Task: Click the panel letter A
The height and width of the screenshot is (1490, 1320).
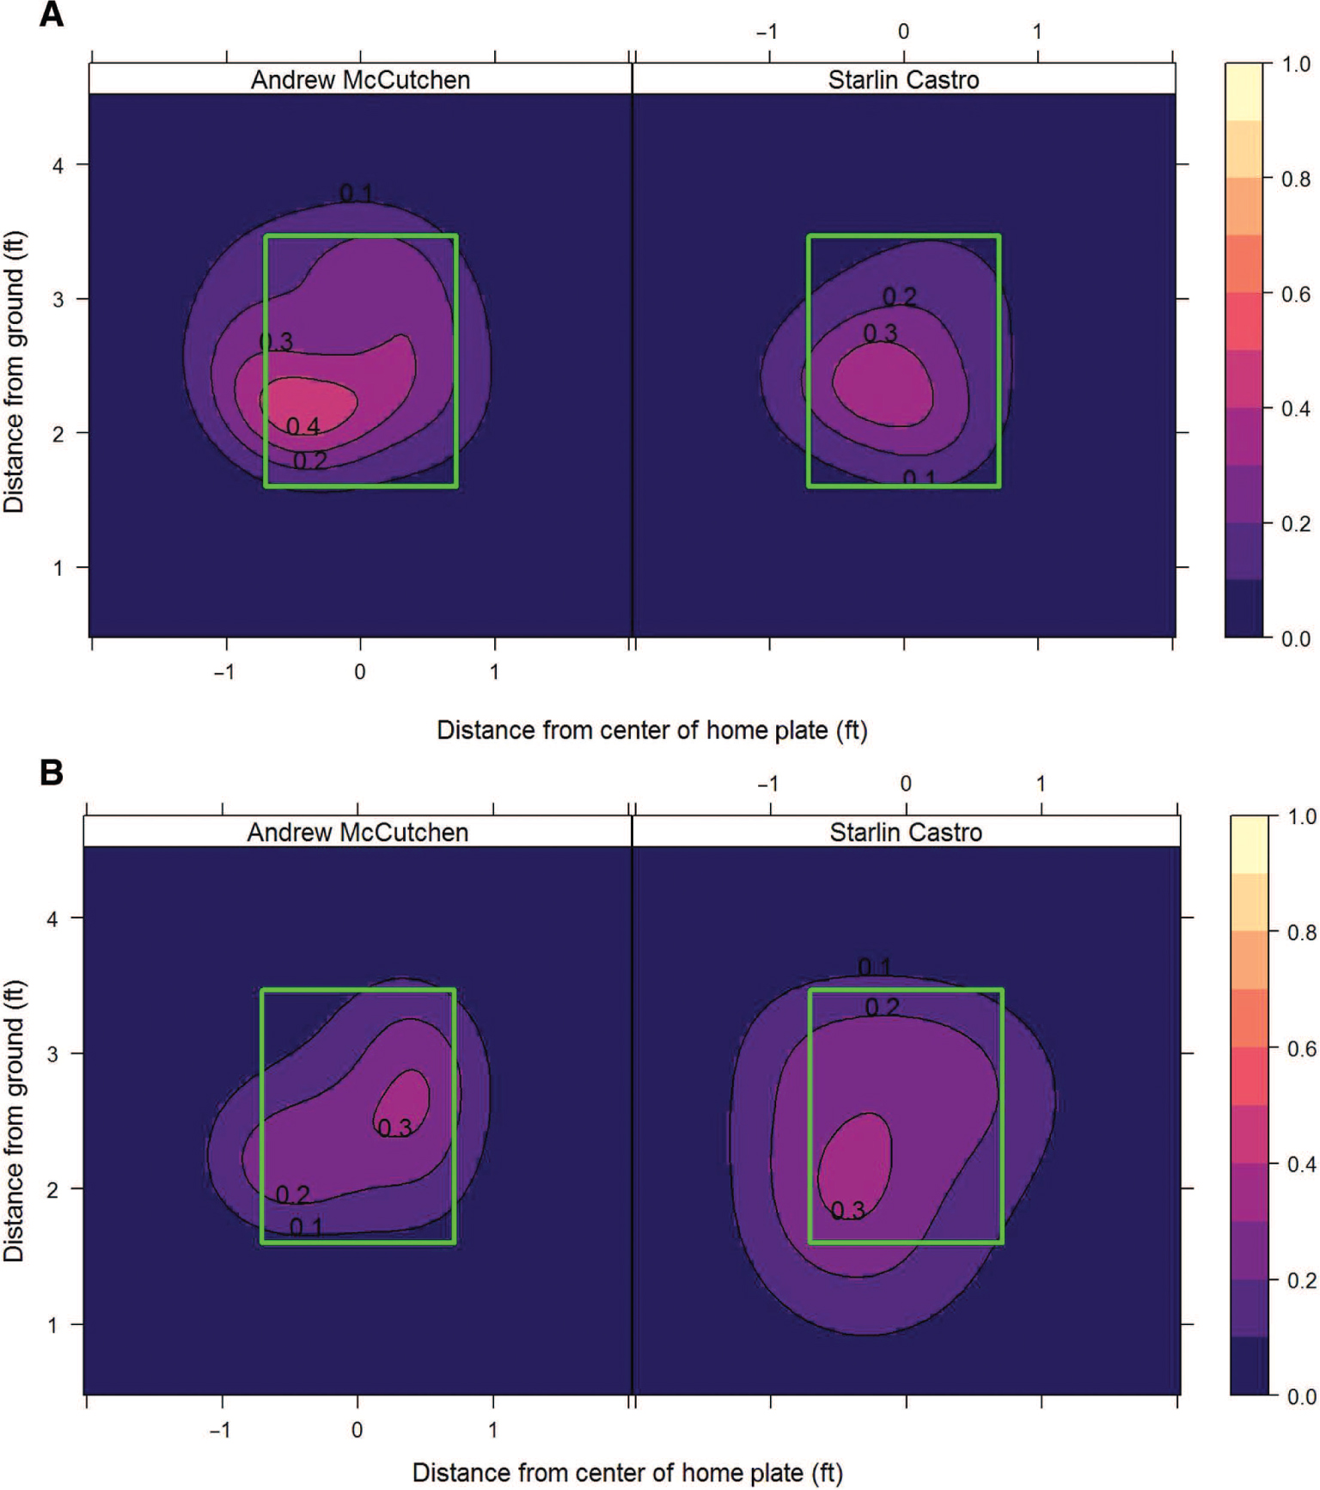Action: point(52,15)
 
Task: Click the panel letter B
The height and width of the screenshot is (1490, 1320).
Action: point(52,772)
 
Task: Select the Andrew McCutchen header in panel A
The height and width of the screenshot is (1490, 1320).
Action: point(360,80)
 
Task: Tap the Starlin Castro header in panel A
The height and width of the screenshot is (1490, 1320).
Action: point(903,80)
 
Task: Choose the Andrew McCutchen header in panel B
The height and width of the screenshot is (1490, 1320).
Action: point(357,832)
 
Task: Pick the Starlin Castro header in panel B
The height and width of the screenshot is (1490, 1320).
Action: point(906,832)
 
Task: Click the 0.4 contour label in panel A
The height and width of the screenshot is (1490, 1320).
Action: point(302,426)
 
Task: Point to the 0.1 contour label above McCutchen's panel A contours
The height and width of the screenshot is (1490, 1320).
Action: point(356,193)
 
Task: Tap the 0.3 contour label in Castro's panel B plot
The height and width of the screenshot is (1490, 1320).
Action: point(847,1211)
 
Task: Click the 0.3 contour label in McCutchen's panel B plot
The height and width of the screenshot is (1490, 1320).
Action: point(394,1127)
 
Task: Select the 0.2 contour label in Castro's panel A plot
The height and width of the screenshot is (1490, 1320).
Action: point(900,296)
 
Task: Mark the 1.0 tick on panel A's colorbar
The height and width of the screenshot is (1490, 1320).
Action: point(1296,64)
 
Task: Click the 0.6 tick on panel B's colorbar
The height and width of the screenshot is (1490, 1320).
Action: point(1301,1048)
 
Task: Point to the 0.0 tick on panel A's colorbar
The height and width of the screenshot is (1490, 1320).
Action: point(1296,638)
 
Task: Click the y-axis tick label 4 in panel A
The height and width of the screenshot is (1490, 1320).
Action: point(58,165)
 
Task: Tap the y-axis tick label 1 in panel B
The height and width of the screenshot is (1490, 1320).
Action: point(52,1325)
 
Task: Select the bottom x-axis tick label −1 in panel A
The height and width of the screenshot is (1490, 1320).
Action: point(223,672)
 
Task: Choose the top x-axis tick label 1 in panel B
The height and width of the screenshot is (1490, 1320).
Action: point(1041,784)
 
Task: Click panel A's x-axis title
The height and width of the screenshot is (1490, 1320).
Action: point(651,730)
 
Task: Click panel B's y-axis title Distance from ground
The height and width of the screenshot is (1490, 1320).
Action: point(15,1121)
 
